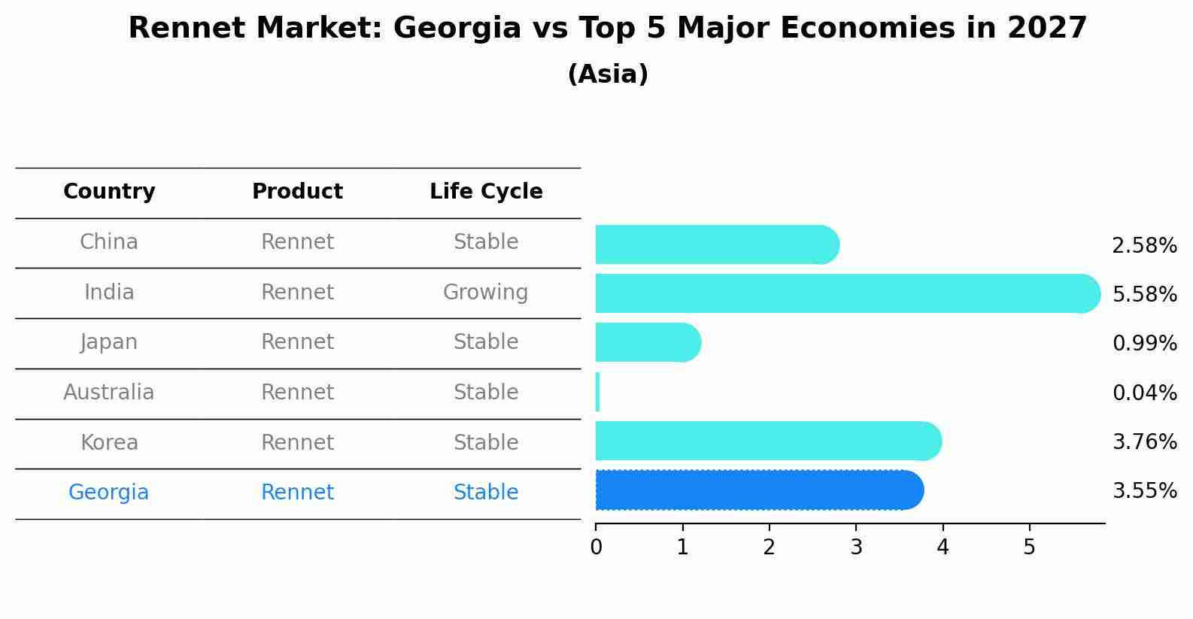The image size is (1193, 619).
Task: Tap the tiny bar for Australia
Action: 598,392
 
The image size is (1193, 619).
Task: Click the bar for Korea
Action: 767,441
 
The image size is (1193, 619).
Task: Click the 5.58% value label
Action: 1144,294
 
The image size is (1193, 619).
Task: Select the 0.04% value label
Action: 1144,393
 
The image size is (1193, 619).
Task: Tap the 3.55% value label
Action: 1144,491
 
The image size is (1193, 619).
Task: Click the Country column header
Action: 109,192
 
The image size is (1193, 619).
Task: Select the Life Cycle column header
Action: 486,192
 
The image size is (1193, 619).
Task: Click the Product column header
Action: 297,192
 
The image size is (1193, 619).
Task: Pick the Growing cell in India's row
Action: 485,292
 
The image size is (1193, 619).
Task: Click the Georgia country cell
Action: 108,492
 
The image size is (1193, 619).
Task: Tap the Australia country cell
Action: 108,392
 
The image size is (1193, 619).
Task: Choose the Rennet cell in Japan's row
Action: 297,341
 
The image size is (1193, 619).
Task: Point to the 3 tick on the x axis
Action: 856,547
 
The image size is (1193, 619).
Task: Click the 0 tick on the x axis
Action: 596,547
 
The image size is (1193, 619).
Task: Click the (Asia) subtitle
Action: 608,74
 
